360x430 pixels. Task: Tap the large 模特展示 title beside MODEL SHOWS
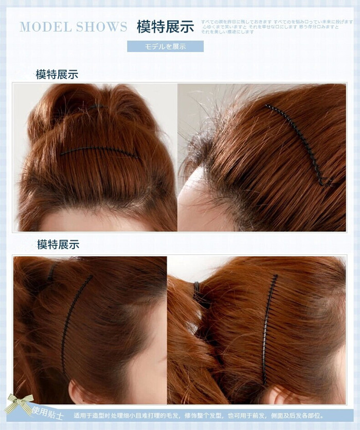[x=165, y=27]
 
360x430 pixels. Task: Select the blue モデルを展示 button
[x=165, y=46]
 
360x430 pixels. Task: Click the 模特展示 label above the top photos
[x=57, y=75]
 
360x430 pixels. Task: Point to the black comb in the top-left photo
[x=98, y=151]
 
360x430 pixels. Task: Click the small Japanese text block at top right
[x=278, y=26]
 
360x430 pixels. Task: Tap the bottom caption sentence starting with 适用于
[x=199, y=416]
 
